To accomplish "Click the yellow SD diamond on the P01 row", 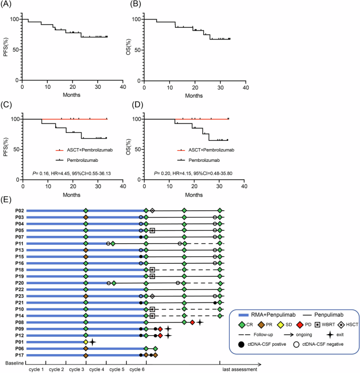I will [86, 341].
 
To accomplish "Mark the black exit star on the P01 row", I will [92, 341].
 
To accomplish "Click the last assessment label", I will [239, 369].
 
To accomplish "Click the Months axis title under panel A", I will [72, 96].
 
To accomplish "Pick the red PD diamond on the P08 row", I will [193, 322].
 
